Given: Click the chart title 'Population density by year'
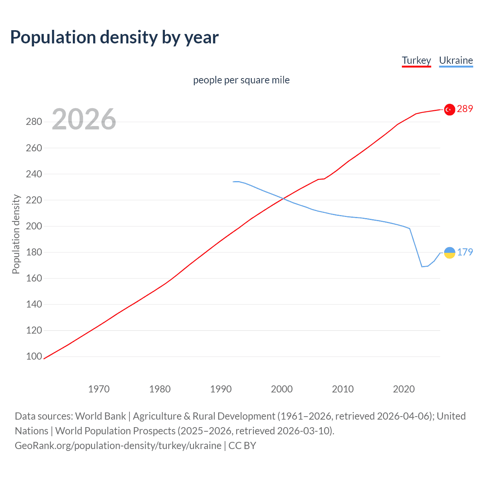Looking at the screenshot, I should (x=114, y=37).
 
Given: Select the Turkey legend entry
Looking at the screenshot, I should (x=416, y=60).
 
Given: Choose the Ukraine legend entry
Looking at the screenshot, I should (x=456, y=60).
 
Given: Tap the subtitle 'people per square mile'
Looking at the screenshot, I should (x=241, y=80).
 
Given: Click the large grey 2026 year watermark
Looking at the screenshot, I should (x=84, y=119).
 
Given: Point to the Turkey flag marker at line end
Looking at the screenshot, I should (x=449, y=109).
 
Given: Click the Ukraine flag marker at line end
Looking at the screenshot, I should (x=449, y=252).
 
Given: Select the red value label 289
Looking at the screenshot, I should (x=465, y=109).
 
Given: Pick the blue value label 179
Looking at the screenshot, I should (x=465, y=252).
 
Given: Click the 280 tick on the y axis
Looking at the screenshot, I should (x=34, y=122).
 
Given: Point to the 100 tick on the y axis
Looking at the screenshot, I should (x=34, y=357).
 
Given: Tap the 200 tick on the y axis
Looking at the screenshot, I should (x=34, y=226).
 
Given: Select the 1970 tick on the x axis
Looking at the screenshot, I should (x=99, y=389).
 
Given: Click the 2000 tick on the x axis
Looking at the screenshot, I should (x=282, y=389).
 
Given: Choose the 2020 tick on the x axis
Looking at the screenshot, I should (x=404, y=389).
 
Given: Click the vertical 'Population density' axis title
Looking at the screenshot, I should (x=16, y=234).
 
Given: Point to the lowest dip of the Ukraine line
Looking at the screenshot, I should (x=422, y=266).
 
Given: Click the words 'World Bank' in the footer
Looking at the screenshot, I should (x=100, y=416).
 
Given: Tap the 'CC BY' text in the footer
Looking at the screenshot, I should (x=242, y=446).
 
